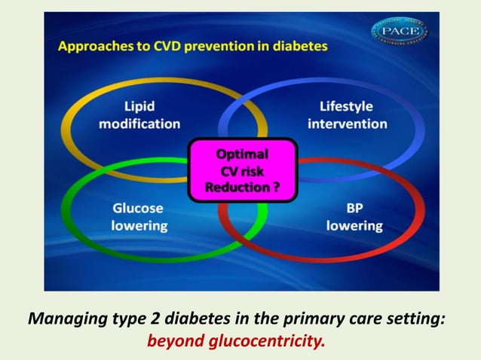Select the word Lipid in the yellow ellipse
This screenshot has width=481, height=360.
coord(139,107)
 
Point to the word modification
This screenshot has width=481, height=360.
coord(139,124)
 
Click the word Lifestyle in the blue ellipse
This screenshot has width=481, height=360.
coord(346,107)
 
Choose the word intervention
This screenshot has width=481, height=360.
coord(347,124)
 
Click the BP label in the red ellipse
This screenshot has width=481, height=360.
coord(353,208)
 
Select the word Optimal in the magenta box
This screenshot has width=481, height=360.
coord(241,154)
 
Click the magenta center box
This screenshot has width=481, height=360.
coord(241,170)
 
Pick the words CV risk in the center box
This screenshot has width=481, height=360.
coord(241,171)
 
